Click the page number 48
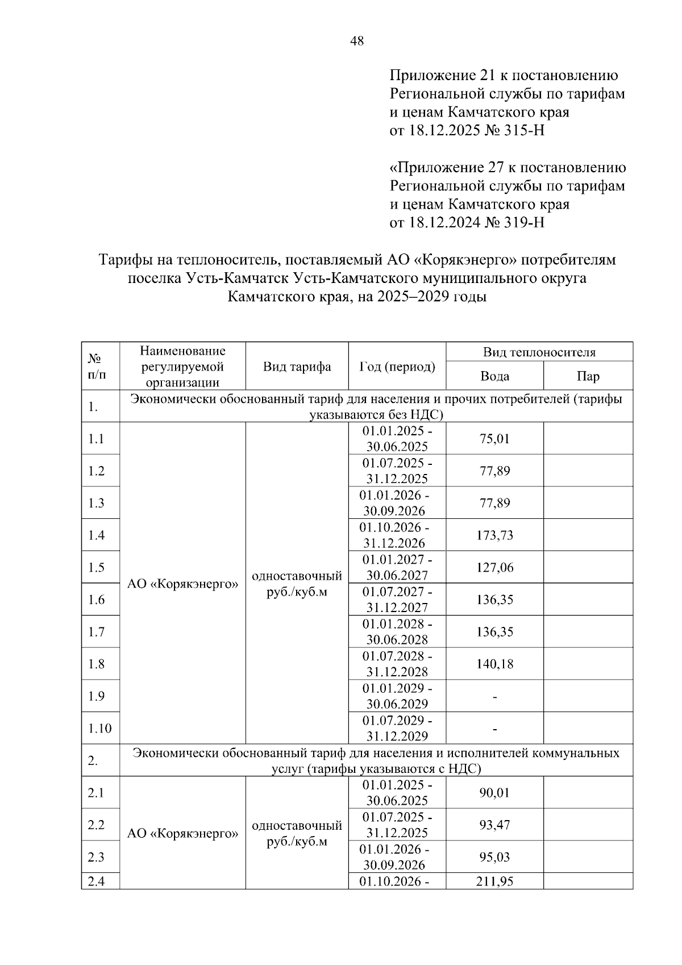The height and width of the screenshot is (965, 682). [x=357, y=41]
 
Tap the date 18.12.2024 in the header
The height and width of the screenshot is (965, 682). [x=441, y=222]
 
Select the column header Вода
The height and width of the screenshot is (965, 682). [x=494, y=376]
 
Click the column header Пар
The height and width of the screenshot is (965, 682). [x=588, y=376]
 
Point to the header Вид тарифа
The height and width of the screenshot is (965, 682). [x=297, y=367]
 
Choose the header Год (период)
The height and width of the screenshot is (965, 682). [x=397, y=367]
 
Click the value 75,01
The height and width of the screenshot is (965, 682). [x=494, y=439]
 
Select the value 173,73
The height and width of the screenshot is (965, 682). [x=494, y=535]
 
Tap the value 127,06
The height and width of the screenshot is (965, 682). [x=494, y=568]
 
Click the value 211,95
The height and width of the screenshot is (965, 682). [x=494, y=881]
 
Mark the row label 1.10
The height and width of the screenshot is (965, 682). [x=99, y=729]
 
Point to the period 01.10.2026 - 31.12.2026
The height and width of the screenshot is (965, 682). [x=396, y=535]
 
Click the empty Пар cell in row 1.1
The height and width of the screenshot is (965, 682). [x=588, y=439]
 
